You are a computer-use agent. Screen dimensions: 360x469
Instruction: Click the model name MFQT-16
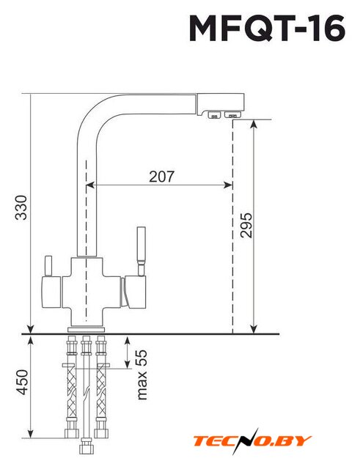pyautogui.click(x=267, y=28)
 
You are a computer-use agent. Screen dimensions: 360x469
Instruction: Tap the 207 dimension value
pyautogui.click(x=161, y=177)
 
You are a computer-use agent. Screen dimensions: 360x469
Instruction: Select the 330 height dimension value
pyautogui.click(x=21, y=207)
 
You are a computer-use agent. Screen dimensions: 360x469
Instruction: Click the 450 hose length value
pyautogui.click(x=21, y=383)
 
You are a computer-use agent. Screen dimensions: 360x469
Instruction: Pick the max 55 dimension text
pyautogui.click(x=142, y=374)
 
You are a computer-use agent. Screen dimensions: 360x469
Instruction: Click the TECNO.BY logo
pyautogui.click(x=252, y=441)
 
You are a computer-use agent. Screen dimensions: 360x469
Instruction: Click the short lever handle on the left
pyautogui.click(x=48, y=266)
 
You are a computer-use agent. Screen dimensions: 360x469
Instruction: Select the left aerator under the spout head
pyautogui.click(x=214, y=114)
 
